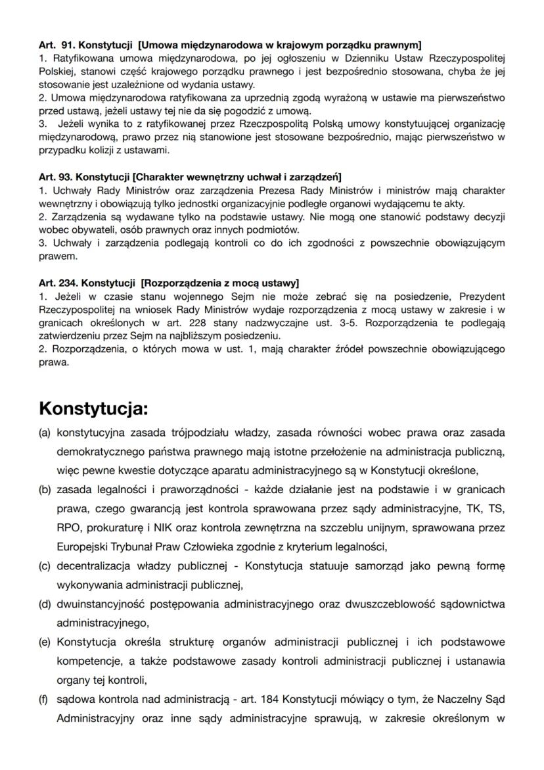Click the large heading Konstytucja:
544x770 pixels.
point(93,408)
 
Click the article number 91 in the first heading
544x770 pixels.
point(66,45)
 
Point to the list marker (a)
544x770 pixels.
point(45,433)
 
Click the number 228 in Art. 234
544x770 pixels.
point(199,323)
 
